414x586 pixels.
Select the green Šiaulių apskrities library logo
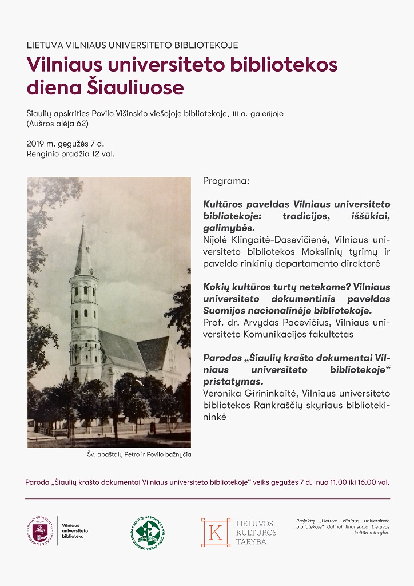(148, 532)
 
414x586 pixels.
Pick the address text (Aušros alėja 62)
(57, 123)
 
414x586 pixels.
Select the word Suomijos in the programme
(225, 311)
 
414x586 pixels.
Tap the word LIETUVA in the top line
(43, 45)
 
